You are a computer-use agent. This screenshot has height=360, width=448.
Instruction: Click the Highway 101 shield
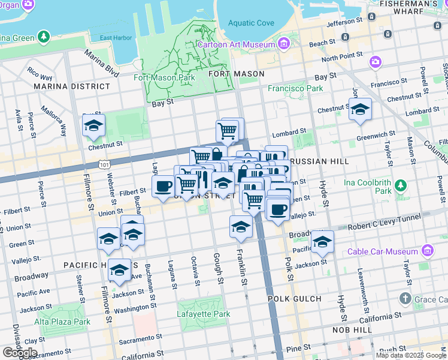pyautogui.click(x=105, y=163)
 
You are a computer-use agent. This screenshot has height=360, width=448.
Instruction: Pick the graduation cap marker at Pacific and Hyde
pyautogui.click(x=322, y=241)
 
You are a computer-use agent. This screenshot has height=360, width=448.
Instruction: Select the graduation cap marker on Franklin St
pyautogui.click(x=241, y=226)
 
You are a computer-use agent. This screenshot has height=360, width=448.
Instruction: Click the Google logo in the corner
pyautogui.click(x=20, y=352)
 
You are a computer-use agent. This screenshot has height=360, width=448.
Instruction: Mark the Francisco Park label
pyautogui.click(x=295, y=88)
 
